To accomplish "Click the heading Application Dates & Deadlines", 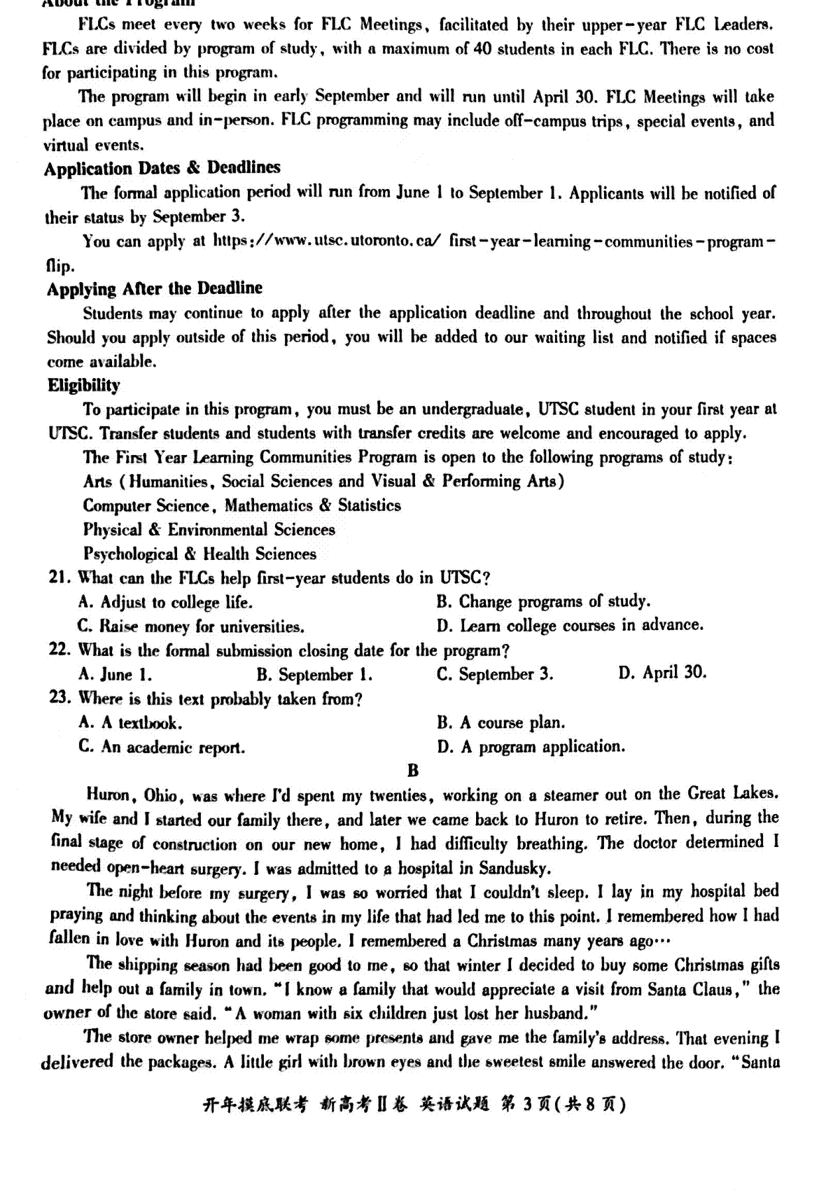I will click(162, 169).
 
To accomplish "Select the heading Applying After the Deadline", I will click(155, 289).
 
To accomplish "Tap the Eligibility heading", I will click(83, 386).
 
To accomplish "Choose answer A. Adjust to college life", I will click(165, 603).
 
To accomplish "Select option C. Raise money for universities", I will click(190, 626).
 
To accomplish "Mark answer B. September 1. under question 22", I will click(314, 675).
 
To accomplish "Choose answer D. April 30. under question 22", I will click(662, 673).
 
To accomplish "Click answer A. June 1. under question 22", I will click(115, 675).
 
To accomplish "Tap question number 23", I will click(59, 698).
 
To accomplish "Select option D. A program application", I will click(531, 748).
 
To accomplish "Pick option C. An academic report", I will click(162, 748).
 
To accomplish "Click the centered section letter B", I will click(413, 771).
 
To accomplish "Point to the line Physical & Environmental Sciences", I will click(209, 530).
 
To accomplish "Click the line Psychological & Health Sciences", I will click(199, 554).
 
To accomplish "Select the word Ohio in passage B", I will click(162, 796).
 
